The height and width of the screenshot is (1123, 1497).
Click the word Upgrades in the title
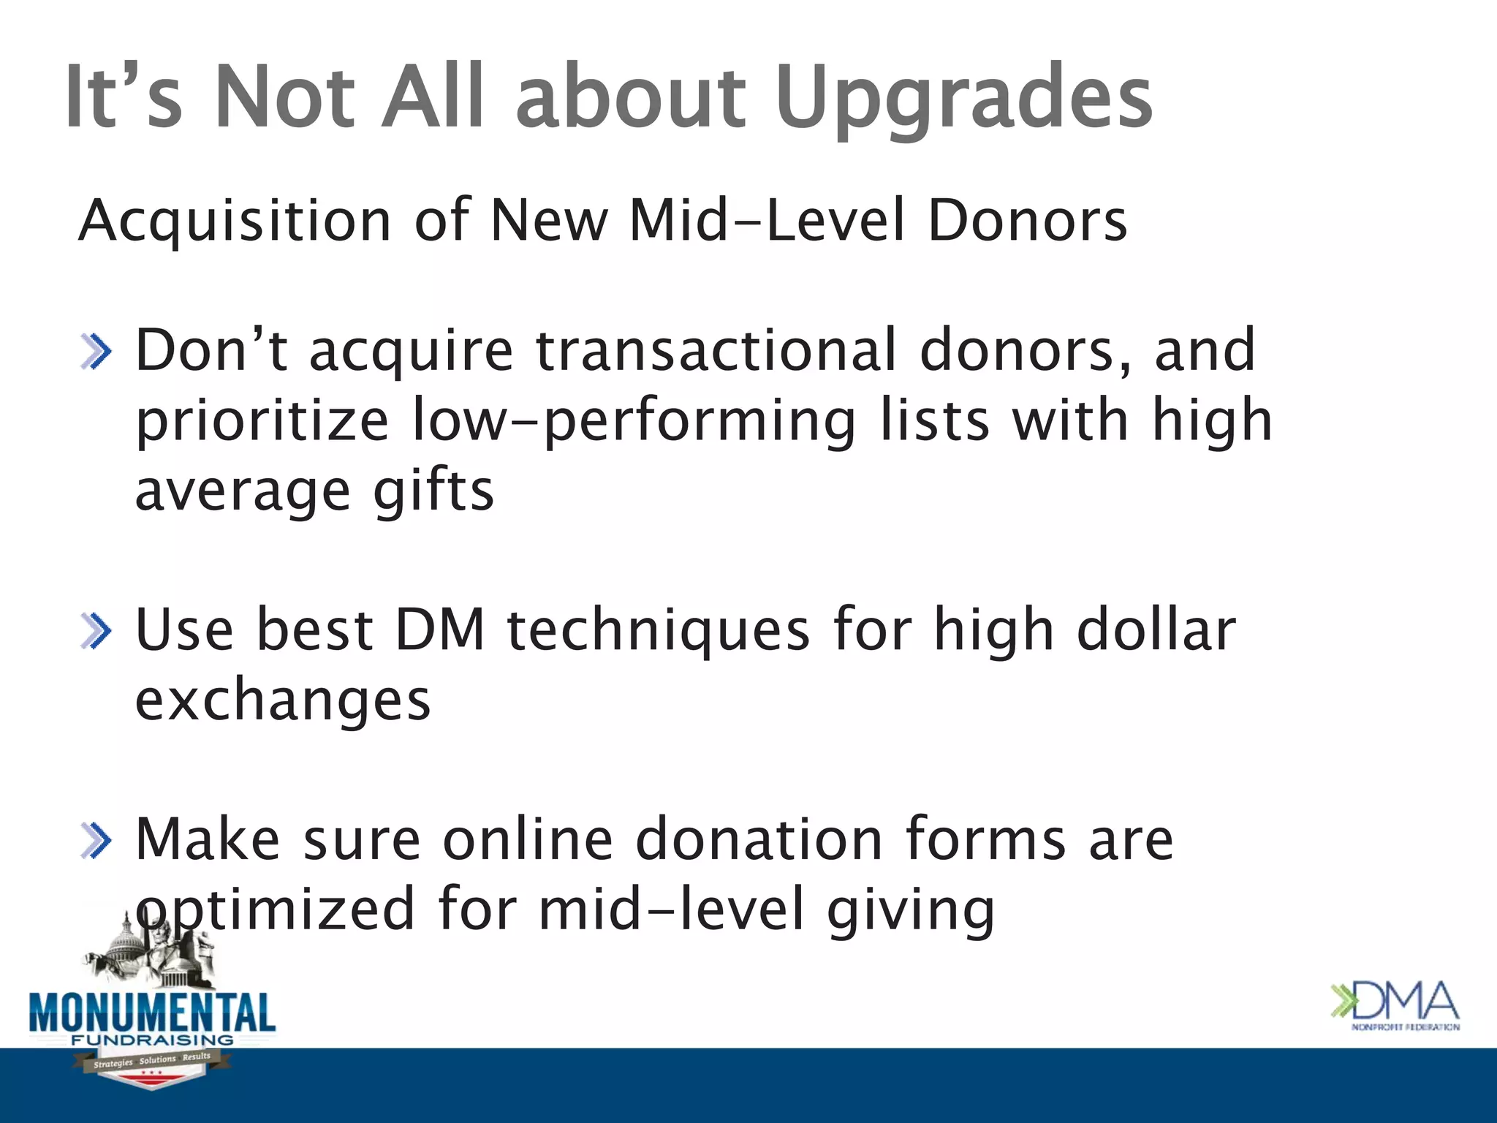tap(963, 99)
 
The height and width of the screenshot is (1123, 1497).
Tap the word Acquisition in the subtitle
tap(235, 220)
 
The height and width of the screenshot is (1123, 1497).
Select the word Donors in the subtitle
tap(1027, 220)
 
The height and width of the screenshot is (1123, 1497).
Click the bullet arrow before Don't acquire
tap(96, 352)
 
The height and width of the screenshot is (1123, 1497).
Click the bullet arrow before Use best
tap(96, 631)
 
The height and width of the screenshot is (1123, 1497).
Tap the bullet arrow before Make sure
tap(96, 841)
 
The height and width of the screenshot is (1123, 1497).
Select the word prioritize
tap(262, 421)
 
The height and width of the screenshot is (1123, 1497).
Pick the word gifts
tap(433, 491)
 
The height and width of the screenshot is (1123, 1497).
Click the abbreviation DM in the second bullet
tap(439, 629)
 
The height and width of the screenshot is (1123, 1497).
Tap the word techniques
tap(658, 631)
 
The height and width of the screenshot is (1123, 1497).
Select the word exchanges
tap(283, 700)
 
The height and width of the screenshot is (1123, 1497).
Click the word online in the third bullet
tap(528, 839)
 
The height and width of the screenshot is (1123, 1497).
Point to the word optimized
tap(276, 909)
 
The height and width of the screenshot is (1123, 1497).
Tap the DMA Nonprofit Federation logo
tap(1395, 1005)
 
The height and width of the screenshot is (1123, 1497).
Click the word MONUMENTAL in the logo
tap(152, 1013)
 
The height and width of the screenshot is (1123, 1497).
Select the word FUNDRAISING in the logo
tap(152, 1040)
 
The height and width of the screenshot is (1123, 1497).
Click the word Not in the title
tap(285, 99)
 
